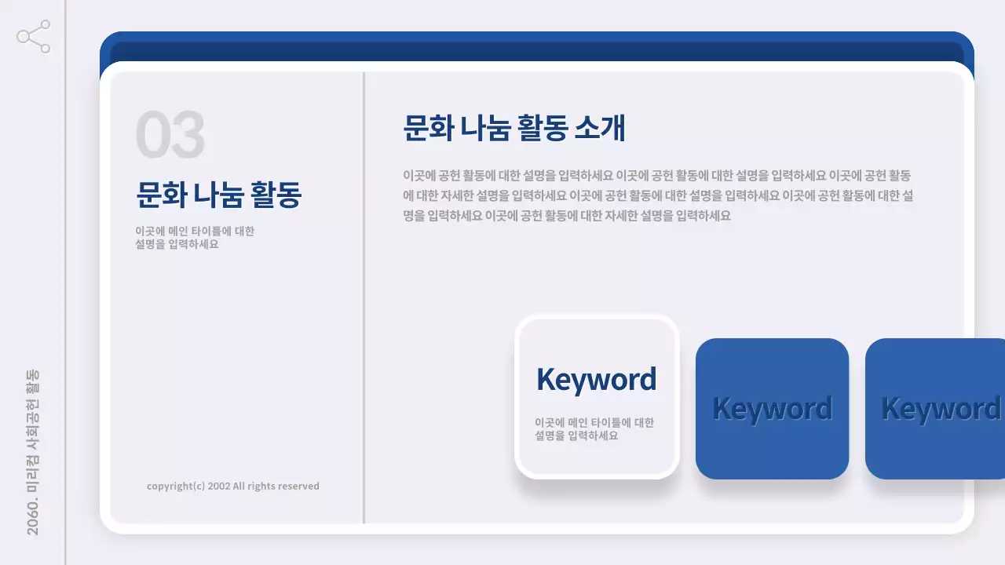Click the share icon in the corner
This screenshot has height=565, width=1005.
point(34,37)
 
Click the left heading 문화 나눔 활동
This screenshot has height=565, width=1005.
point(219,195)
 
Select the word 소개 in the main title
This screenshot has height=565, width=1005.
point(600,128)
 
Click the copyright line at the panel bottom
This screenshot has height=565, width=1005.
point(233,486)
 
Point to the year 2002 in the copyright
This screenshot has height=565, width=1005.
point(219,486)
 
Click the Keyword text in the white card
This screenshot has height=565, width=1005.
point(596,380)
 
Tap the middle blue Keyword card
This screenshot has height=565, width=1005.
point(772,408)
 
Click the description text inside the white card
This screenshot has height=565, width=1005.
point(594,428)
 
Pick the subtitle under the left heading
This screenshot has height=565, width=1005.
point(195,237)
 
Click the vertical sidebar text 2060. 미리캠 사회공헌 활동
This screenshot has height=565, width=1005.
point(33,452)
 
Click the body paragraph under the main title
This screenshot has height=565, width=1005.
point(658,195)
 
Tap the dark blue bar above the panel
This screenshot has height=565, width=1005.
point(537,49)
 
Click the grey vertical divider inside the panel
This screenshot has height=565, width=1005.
point(364,298)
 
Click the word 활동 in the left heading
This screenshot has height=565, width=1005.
point(275,195)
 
